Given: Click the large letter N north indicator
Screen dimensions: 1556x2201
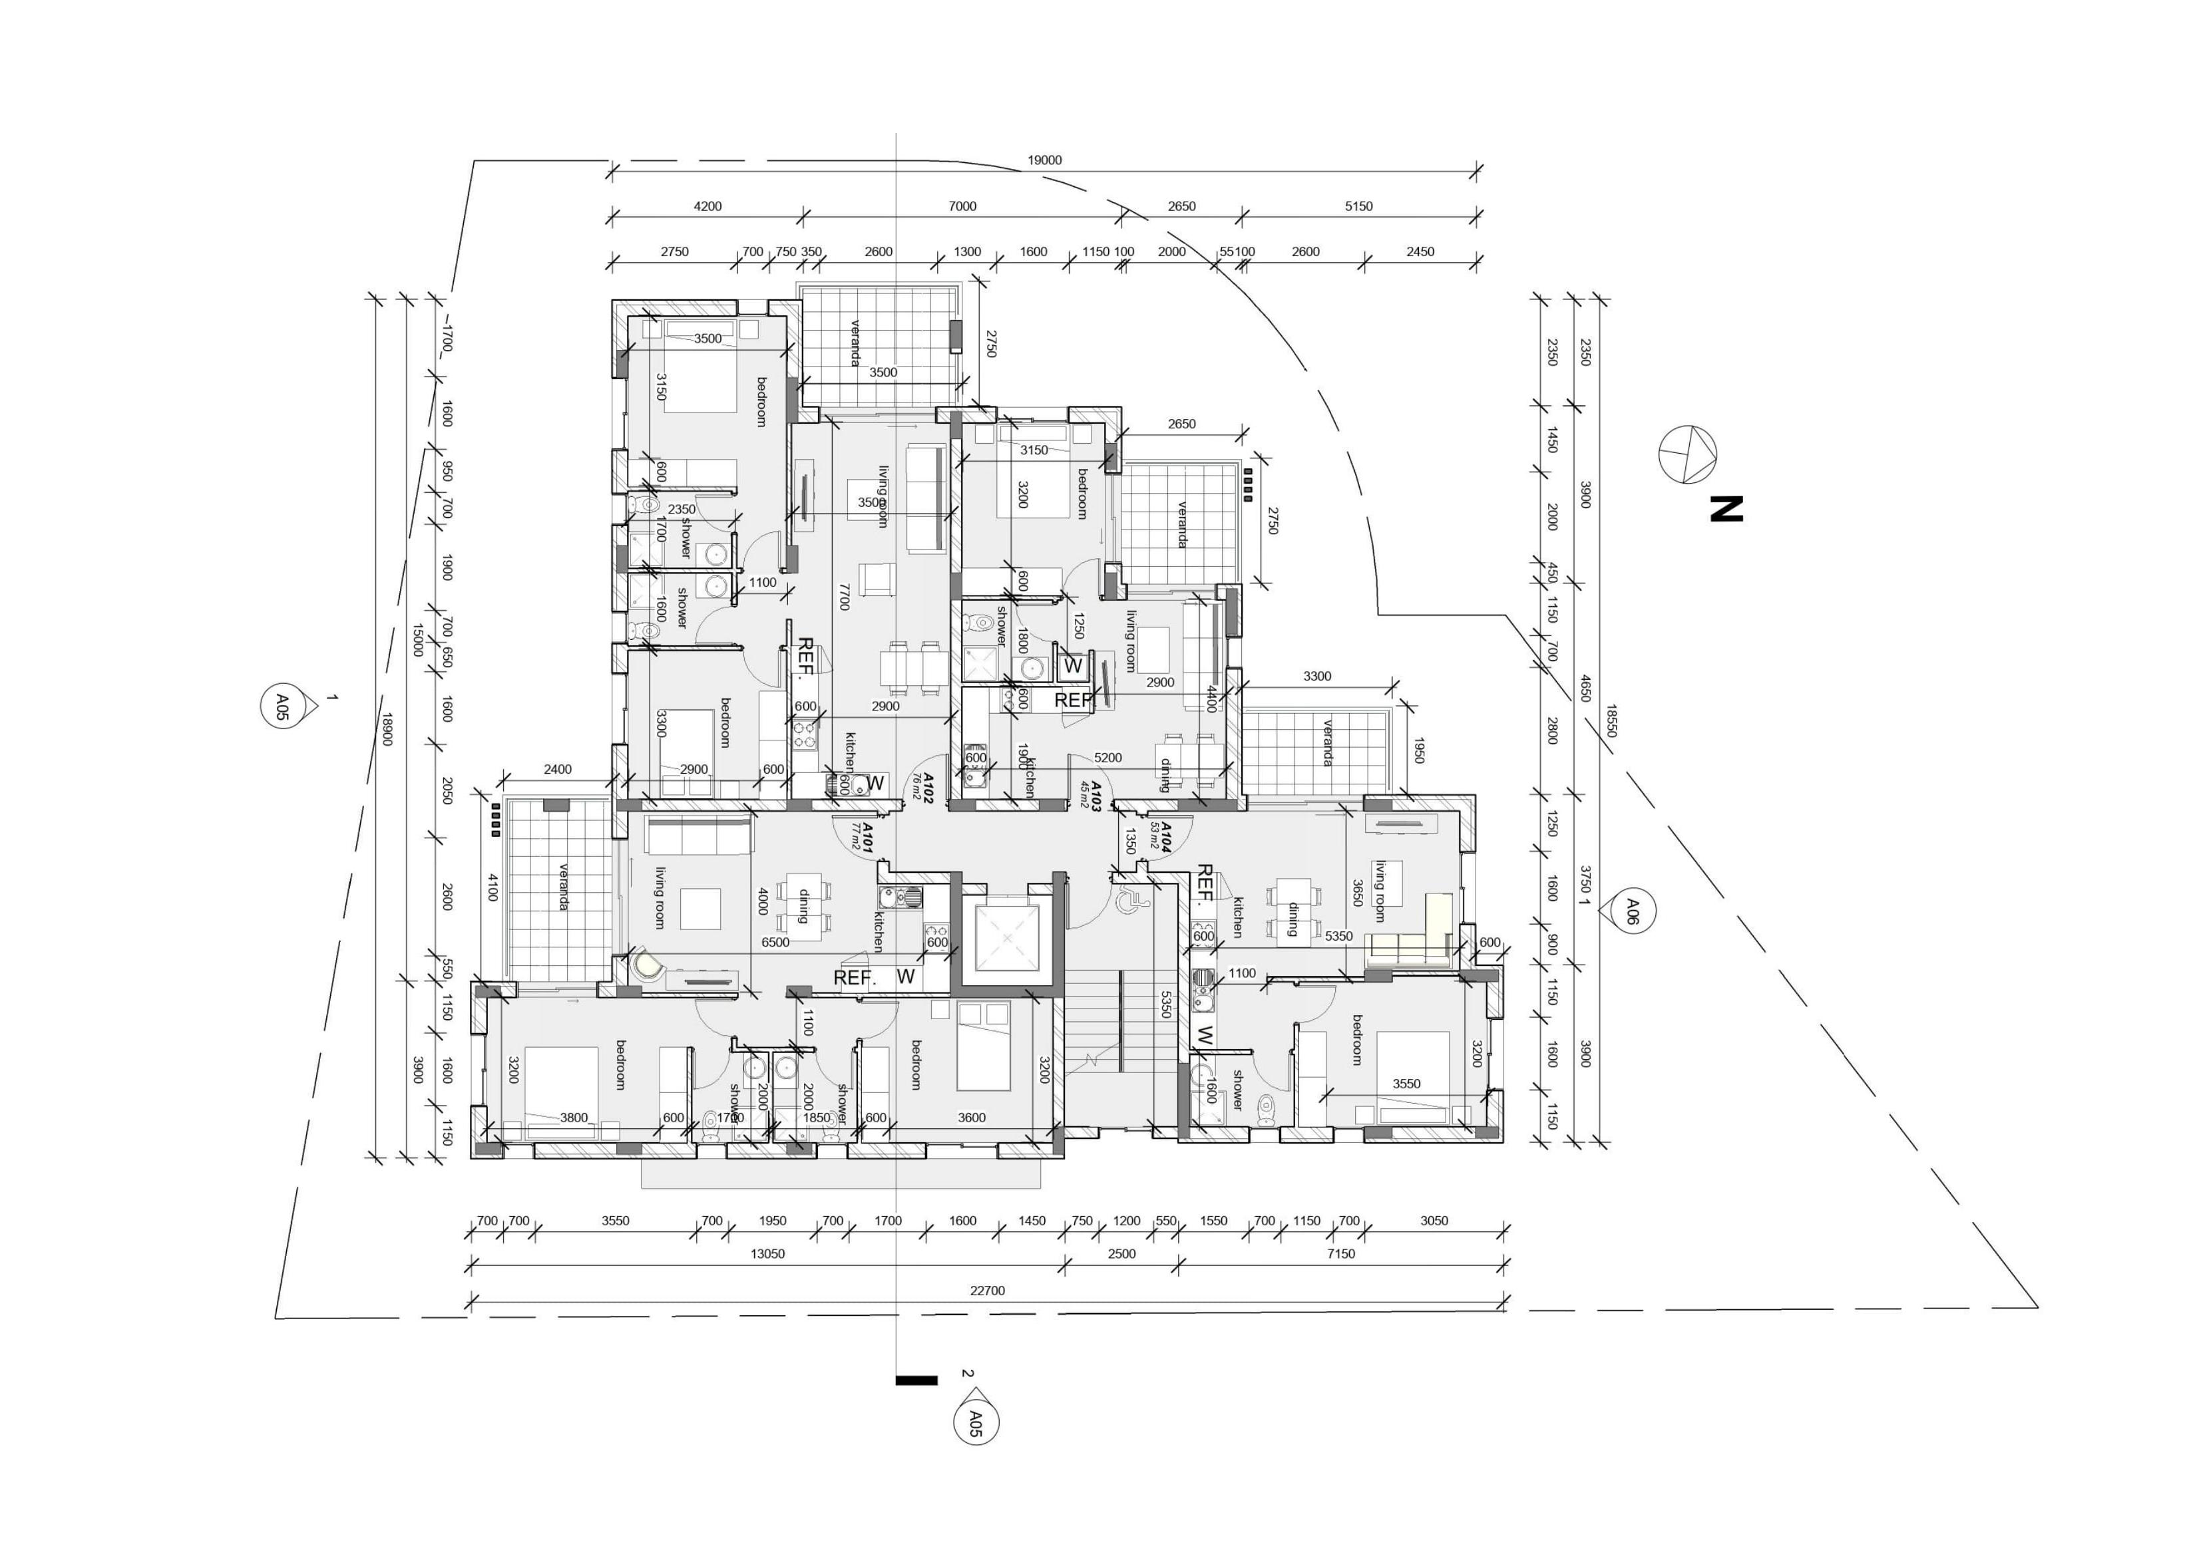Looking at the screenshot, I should [x=1726, y=509].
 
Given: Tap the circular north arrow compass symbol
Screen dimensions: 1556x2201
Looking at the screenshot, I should [x=1687, y=454].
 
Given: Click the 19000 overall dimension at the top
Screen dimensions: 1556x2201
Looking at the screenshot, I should [x=1044, y=160].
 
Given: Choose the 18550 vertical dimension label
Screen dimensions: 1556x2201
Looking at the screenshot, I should [x=1611, y=720].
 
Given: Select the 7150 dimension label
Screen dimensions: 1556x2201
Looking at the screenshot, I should [x=1340, y=1253].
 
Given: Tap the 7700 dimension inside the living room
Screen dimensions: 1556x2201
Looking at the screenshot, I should [x=843, y=596].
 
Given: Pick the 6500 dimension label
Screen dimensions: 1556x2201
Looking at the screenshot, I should [x=775, y=942].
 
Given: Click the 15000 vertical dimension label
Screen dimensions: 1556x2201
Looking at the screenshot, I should [x=418, y=639].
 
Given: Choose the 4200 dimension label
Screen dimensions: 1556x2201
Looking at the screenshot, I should [x=707, y=206].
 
